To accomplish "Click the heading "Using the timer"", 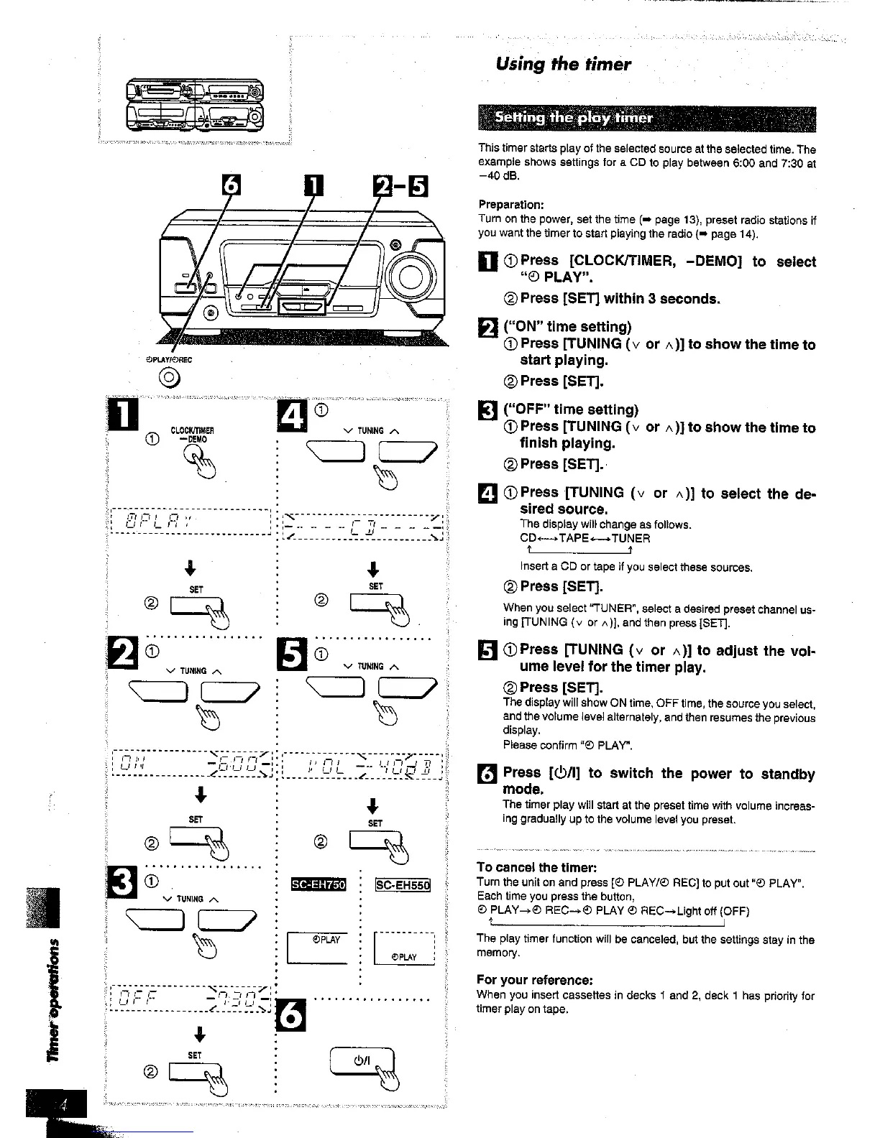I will pyautogui.click(x=563, y=65).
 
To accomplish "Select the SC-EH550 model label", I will pyautogui.click(x=402, y=884).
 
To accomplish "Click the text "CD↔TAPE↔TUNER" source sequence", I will pyautogui.click(x=585, y=538).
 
